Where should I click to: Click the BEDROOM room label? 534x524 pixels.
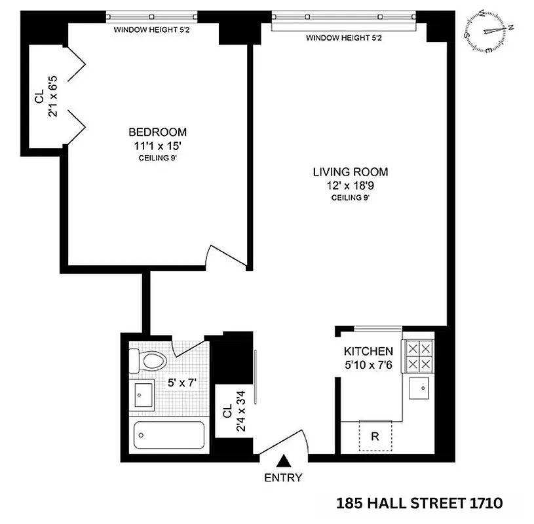point(157,132)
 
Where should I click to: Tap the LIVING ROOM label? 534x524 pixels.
point(350,172)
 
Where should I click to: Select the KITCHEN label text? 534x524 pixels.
point(368,352)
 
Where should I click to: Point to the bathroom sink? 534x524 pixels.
point(142,395)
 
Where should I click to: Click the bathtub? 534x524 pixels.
point(168,435)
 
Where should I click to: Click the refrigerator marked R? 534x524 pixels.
point(375,436)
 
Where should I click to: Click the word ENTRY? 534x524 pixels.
point(283,477)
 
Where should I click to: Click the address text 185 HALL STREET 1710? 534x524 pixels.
point(419,503)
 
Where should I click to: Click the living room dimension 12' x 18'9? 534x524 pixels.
point(350,185)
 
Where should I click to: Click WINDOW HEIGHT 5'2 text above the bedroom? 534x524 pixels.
point(152,29)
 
